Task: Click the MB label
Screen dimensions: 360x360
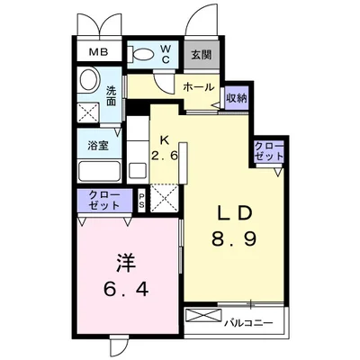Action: [99, 52]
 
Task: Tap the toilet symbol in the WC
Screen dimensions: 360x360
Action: [140, 55]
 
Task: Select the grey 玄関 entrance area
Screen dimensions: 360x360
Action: [202, 55]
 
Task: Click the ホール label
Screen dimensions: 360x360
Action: [199, 87]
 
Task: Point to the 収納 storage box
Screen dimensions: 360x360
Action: [237, 98]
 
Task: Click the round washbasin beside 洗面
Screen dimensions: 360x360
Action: [88, 80]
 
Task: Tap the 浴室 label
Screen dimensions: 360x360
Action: [98, 146]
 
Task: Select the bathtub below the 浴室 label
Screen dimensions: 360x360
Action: [99, 171]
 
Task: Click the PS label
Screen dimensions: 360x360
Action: [141, 201]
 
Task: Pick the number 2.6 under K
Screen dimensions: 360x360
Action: [165, 156]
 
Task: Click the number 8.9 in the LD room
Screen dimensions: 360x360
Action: [234, 239]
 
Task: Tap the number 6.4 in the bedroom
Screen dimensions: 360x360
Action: [126, 289]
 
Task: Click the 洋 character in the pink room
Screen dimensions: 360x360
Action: [126, 263]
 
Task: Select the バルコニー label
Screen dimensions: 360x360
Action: [249, 323]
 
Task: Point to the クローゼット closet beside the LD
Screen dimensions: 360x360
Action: [269, 152]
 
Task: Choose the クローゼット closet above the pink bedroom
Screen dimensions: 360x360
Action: [104, 201]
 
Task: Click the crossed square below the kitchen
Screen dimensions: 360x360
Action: [165, 198]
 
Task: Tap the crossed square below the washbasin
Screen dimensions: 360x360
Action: [88, 112]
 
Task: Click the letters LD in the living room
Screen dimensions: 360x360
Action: [234, 214]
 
